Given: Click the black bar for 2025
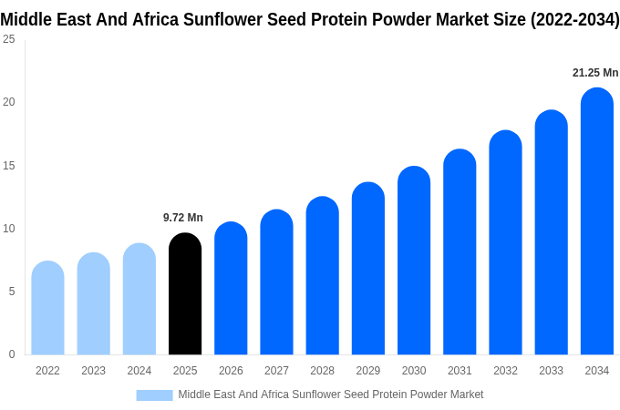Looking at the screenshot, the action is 185,293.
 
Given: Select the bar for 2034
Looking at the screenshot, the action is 597,220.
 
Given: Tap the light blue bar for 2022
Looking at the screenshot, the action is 47,308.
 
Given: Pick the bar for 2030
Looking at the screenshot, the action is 414,261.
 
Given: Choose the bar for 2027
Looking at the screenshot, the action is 277,282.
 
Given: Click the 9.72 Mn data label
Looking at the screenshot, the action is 183,218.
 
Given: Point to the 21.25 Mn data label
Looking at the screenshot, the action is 595,73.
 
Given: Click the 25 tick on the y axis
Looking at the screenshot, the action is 9,39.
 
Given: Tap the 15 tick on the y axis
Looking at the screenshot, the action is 9,166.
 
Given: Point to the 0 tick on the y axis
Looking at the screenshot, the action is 12,354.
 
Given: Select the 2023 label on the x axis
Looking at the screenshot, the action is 93,371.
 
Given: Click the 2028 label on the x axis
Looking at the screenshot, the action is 322,371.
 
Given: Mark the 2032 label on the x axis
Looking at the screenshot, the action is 505,371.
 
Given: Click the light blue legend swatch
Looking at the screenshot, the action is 155,395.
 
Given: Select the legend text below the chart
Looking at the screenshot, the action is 331,395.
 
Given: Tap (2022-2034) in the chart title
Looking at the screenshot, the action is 575,20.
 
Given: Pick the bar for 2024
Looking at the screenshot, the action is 139,299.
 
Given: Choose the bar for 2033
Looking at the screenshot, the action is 552,232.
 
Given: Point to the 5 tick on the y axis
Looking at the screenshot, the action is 12,292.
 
